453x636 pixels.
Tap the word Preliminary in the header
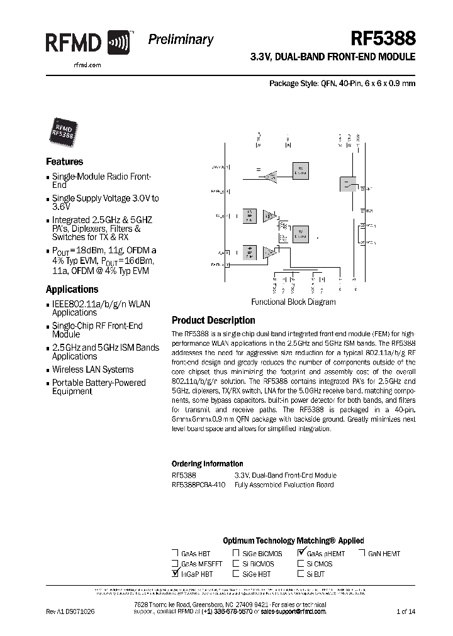181,40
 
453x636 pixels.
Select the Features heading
64,162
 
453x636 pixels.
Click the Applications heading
72,290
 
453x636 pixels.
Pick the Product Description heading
213,321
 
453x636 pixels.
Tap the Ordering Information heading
207,464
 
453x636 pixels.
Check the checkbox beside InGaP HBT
174,574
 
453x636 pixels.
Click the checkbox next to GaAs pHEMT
301,553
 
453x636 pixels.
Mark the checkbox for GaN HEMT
362,554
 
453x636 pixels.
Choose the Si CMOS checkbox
301,564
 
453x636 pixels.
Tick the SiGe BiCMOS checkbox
236,554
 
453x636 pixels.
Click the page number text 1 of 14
406,611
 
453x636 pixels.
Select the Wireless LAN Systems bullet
92,370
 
